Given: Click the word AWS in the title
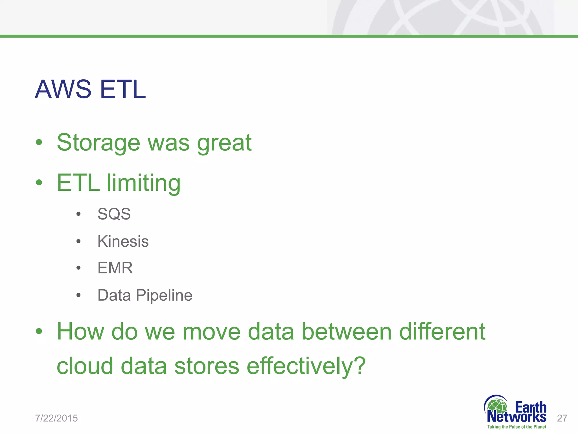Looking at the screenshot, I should tap(63, 89).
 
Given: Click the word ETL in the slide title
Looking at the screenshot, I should tap(123, 89).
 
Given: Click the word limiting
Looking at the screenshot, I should tap(143, 183).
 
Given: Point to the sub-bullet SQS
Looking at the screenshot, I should tap(114, 214).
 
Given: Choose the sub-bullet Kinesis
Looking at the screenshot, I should tap(123, 241).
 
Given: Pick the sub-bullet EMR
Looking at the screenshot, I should tap(115, 268).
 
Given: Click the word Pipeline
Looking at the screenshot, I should tap(164, 296).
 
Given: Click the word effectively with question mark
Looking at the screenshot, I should tap(306, 366).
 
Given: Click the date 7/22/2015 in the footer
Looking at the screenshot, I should tap(56, 418).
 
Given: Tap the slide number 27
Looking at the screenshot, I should tap(562, 418).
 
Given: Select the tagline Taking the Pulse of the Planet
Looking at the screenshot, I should tap(516, 427).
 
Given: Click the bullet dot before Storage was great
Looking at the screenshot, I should tap(39, 142).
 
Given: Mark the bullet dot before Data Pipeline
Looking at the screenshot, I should tap(78, 296).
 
